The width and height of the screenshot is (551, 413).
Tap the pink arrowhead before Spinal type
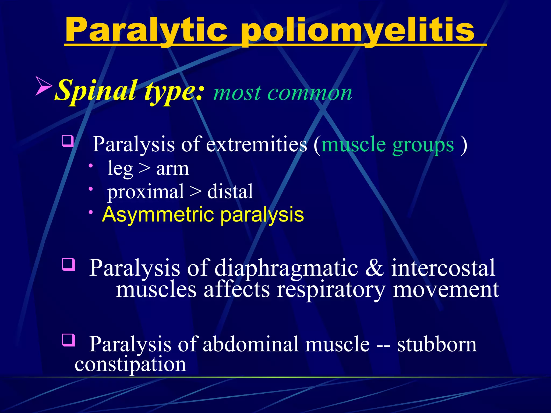[44, 86]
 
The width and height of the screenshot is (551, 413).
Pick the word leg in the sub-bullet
[120, 169]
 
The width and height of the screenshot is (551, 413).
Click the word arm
[172, 169]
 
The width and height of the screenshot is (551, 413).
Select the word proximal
[146, 192]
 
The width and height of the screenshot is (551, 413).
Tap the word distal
[230, 191]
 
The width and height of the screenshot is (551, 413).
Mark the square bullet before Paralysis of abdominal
[68, 340]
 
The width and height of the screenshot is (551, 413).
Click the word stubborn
[437, 344]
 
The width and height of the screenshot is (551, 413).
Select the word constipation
[130, 365]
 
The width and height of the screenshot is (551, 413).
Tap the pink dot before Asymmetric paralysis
[91, 212]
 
